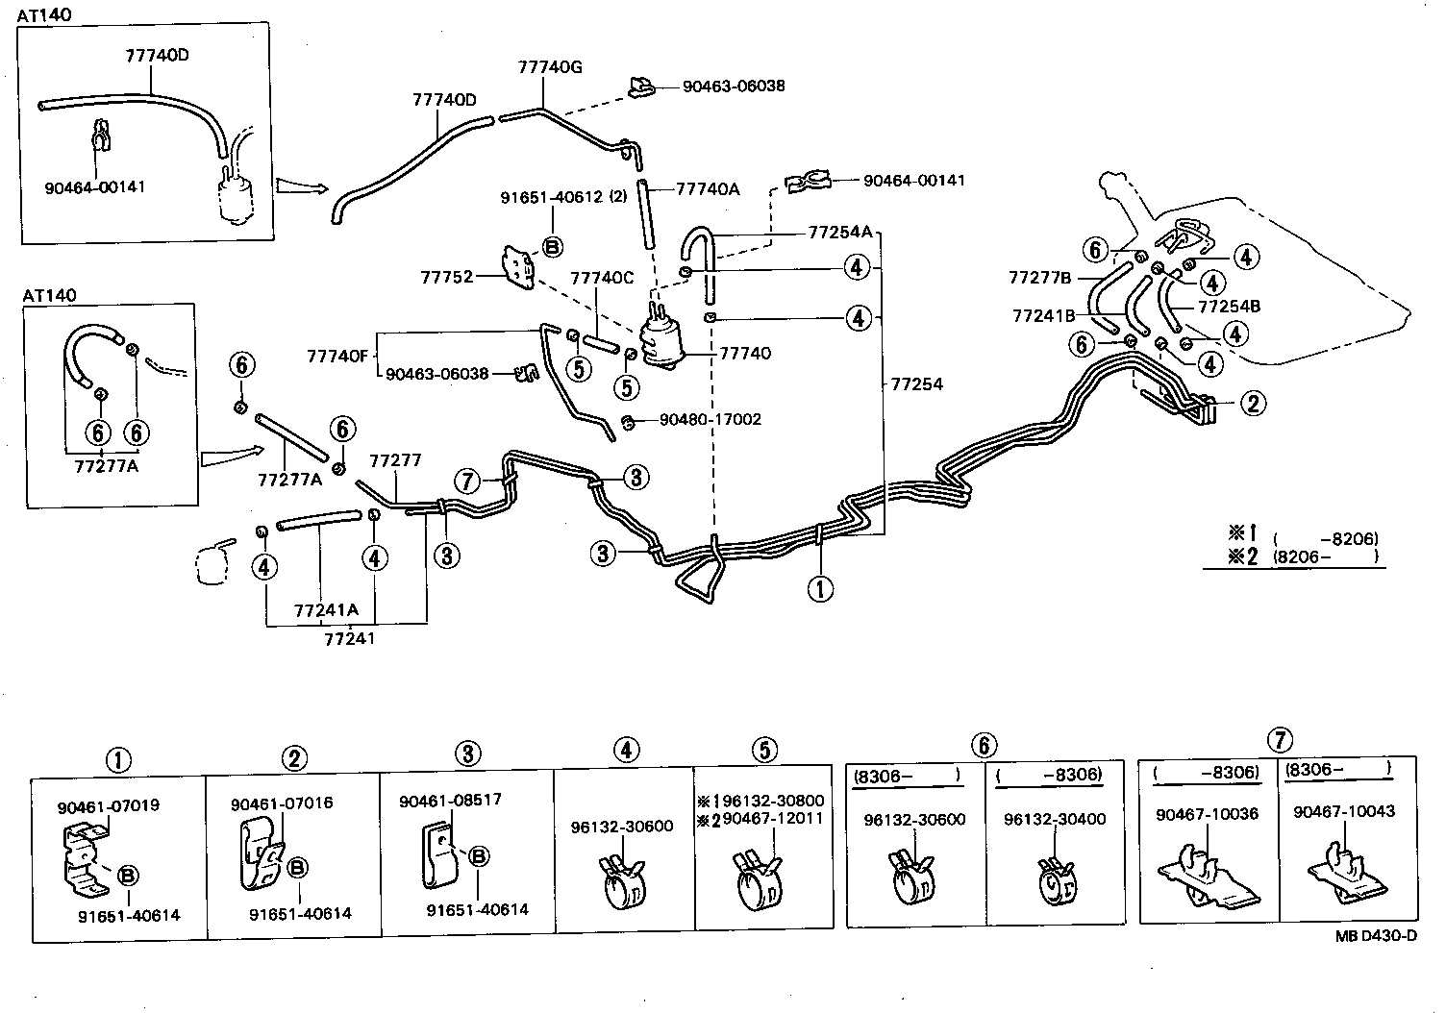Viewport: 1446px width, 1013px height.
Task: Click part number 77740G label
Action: click(x=550, y=67)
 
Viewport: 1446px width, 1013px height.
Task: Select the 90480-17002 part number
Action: click(x=711, y=419)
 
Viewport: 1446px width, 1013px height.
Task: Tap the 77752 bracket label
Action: click(x=447, y=278)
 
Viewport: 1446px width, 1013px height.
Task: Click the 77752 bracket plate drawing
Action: click(x=519, y=267)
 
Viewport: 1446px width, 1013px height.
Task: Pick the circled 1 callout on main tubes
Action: click(x=820, y=589)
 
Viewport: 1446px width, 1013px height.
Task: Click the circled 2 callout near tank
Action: click(x=1253, y=404)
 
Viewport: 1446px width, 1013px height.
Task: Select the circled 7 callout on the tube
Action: click(x=466, y=481)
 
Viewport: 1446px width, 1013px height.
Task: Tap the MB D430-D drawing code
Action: click(x=1376, y=935)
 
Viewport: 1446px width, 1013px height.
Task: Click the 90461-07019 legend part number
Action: click(x=108, y=807)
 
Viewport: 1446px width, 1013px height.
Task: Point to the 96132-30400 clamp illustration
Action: click(x=1058, y=882)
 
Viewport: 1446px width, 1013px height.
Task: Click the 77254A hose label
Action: click(x=840, y=233)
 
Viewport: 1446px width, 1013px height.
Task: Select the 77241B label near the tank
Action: click(x=1043, y=316)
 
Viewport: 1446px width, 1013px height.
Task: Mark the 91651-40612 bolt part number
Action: click(x=551, y=197)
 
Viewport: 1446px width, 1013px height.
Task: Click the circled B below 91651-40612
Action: click(x=552, y=247)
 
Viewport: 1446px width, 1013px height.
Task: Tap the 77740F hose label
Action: click(x=337, y=357)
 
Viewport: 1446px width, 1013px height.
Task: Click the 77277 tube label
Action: click(x=395, y=460)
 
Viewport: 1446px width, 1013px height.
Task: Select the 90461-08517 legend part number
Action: click(x=450, y=801)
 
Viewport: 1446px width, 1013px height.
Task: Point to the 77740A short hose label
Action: click(x=708, y=189)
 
